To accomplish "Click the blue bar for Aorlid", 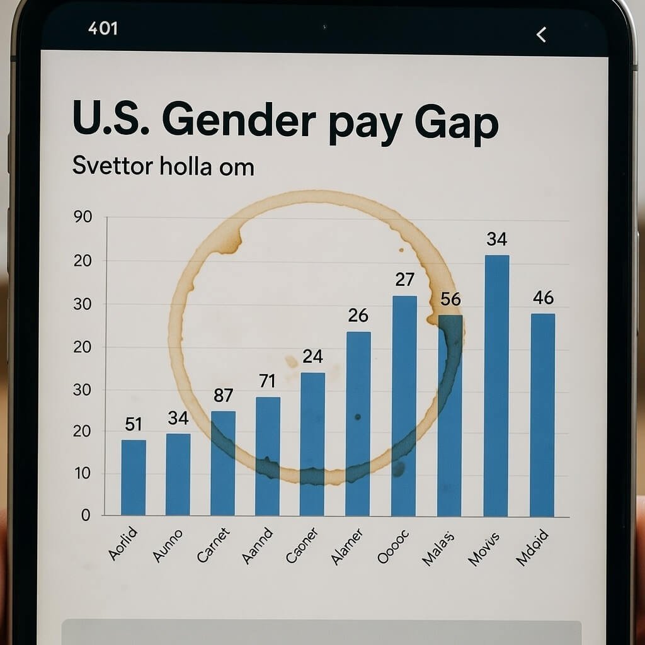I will (x=134, y=477).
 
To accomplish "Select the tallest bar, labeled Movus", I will (x=496, y=385).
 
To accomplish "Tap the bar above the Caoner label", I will (x=312, y=444).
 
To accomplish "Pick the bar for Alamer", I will (x=358, y=423).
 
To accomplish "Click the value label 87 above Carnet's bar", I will (x=224, y=396).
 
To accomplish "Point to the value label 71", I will (x=268, y=380).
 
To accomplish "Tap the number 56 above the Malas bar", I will (x=450, y=299).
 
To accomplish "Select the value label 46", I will (x=543, y=297).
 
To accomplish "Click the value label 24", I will (x=312, y=357).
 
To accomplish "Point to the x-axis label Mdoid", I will (x=532, y=547).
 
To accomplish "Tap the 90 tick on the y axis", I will (x=83, y=217).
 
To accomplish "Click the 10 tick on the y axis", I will (x=83, y=474).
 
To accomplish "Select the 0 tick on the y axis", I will (x=86, y=515).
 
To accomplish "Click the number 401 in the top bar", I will (x=103, y=28).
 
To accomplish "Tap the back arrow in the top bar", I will (x=541, y=35).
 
